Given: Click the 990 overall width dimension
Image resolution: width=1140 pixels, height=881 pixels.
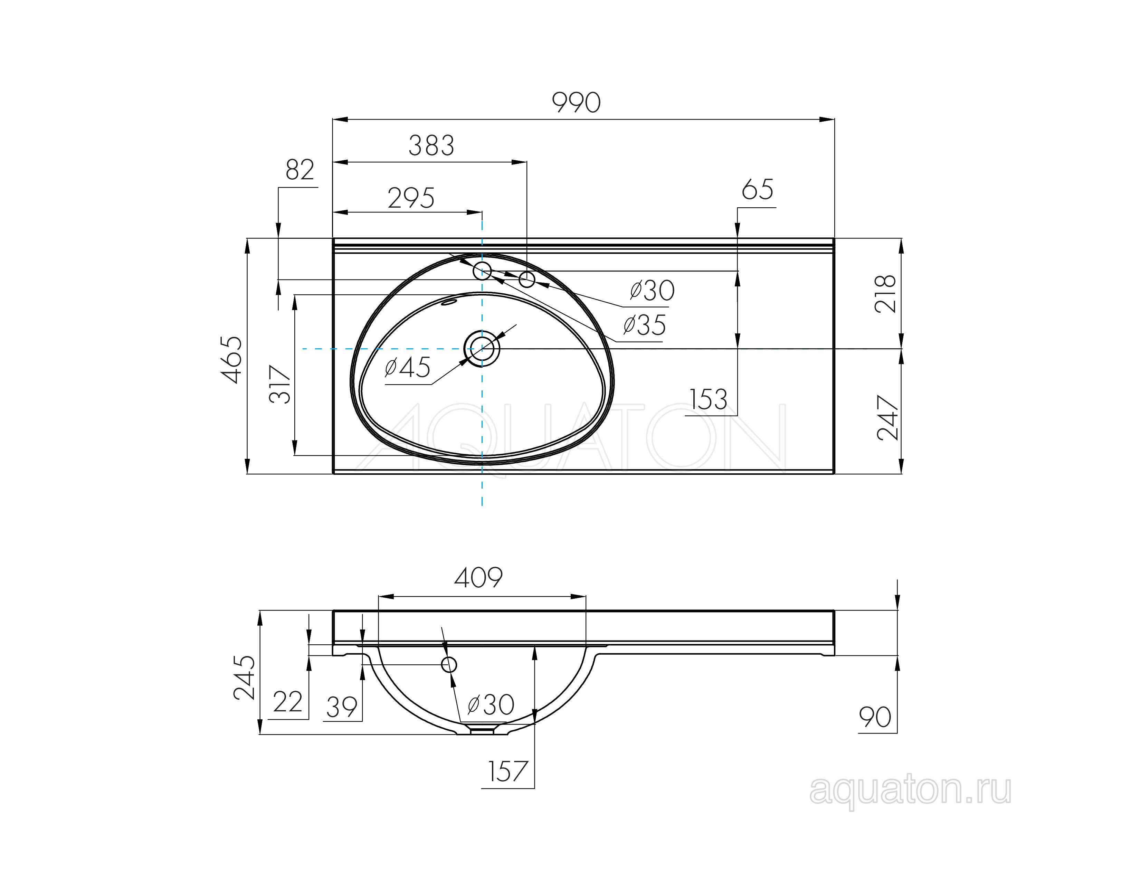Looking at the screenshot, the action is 576,103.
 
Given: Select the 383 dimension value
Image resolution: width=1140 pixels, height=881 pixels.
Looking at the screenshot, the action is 431,145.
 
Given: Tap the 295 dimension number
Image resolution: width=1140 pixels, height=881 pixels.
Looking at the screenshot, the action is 411,198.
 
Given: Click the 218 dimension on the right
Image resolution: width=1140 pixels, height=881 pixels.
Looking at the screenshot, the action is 885,294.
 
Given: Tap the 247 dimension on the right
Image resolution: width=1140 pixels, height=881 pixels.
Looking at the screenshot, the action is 888,418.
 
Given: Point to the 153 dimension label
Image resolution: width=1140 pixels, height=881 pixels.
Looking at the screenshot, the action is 708,400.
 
